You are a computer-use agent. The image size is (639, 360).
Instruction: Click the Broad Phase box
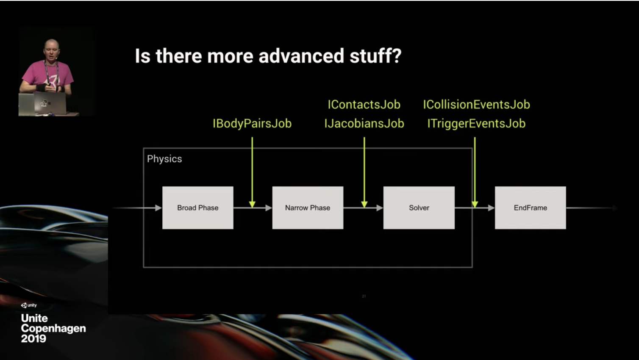tap(198, 208)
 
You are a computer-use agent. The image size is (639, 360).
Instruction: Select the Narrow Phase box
tap(308, 208)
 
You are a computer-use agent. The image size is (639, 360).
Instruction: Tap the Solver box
tap(419, 208)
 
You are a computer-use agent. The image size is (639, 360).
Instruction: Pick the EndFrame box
tap(531, 208)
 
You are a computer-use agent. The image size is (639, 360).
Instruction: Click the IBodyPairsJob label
tap(252, 124)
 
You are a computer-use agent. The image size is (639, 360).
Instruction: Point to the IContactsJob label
tap(364, 105)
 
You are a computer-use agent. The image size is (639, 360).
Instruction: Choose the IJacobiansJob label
tap(364, 124)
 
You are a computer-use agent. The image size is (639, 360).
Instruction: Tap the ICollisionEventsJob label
tap(476, 105)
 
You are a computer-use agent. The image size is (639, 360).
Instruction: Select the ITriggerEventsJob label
tap(476, 124)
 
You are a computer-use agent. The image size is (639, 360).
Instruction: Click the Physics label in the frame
tap(164, 159)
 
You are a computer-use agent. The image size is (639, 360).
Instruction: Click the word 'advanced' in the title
tap(301, 55)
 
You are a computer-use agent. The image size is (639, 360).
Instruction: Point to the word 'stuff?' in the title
tap(376, 56)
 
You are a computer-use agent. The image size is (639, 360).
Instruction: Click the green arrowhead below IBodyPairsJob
tap(252, 204)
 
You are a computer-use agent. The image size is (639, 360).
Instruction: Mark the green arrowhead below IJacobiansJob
tap(364, 204)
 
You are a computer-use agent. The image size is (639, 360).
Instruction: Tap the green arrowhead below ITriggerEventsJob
tap(475, 204)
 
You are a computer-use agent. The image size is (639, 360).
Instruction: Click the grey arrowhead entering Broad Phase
tap(158, 208)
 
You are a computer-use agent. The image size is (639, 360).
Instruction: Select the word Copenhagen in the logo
tap(53, 328)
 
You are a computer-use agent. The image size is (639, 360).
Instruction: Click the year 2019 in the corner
tap(33, 339)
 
